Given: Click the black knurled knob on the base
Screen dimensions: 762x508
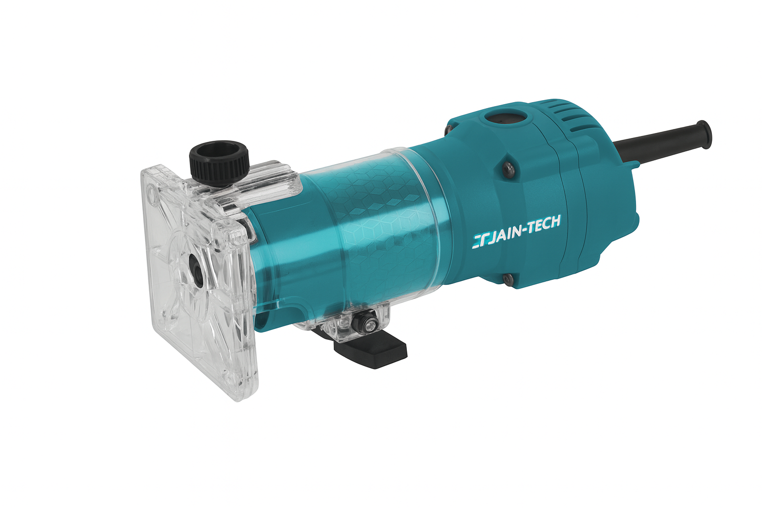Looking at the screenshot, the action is click(219, 162).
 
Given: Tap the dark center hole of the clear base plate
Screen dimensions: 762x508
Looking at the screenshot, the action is click(197, 269).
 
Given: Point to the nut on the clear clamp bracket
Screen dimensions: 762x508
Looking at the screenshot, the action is click(366, 322).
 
